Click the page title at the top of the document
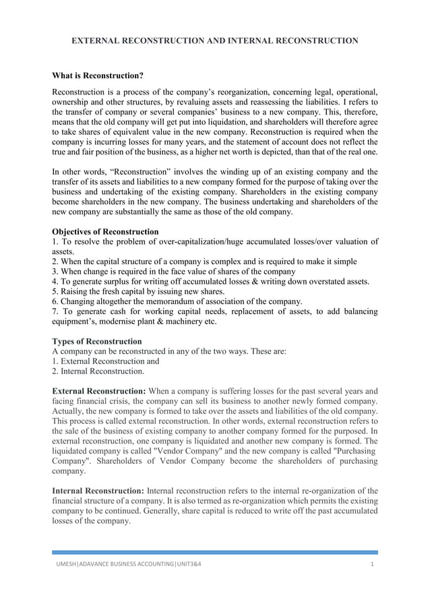pos(215,41)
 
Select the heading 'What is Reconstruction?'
pos(98,75)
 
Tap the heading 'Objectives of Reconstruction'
pos(105,231)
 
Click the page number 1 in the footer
pos(372,563)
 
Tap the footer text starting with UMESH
pos(128,563)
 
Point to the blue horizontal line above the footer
pos(215,552)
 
